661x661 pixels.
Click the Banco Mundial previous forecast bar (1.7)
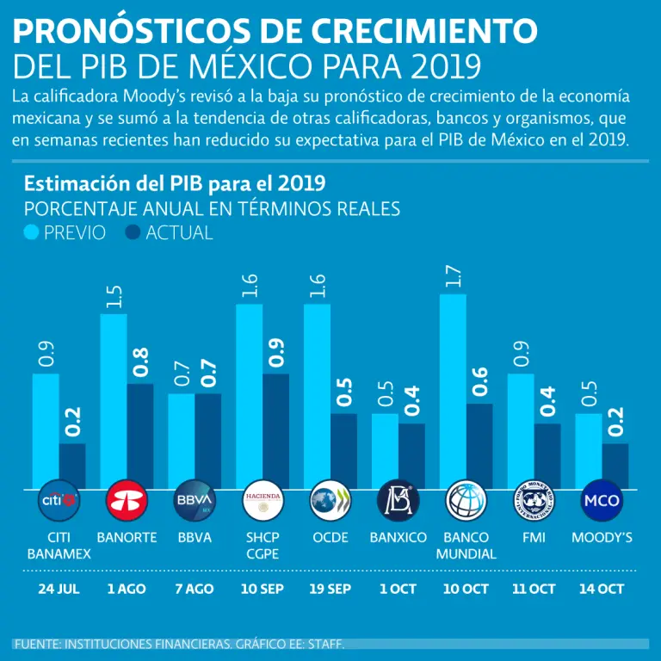pos(453,392)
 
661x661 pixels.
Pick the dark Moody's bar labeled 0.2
pos(615,466)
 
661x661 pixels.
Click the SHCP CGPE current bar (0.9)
pos(275,430)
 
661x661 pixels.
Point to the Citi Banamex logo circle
pos(59,500)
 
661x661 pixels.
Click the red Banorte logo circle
pos(127,500)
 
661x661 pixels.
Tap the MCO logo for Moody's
pos(602,500)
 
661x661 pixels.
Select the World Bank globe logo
pos(466,500)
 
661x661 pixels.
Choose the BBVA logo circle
pos(195,500)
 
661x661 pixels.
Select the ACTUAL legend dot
pos(133,233)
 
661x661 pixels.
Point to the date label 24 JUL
pos(59,589)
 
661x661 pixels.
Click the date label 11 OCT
pos(534,589)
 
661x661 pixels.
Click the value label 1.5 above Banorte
pos(114,297)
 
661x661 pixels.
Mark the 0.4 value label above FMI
pos(547,401)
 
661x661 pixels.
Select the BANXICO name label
pos(398,538)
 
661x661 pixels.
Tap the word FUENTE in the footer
pos(37,644)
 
